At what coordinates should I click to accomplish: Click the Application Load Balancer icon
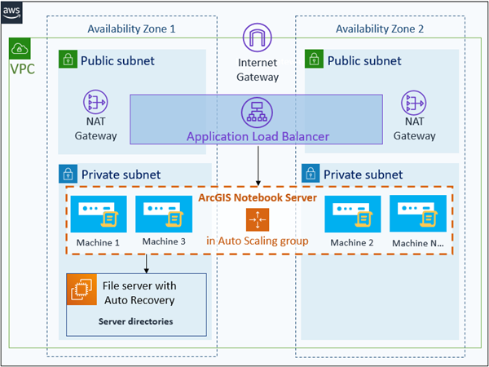[x=258, y=112]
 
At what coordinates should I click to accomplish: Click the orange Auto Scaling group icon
[x=258, y=219]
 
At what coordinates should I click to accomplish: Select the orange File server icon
[x=82, y=290]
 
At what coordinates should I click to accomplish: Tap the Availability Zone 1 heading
[x=131, y=29]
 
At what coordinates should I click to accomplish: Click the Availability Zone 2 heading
[x=380, y=29]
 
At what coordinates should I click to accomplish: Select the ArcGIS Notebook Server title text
[x=258, y=198]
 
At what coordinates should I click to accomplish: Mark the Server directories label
[x=135, y=321]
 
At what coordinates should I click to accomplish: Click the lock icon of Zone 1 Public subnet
[x=68, y=60]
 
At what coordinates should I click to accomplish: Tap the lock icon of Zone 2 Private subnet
[x=311, y=174]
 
